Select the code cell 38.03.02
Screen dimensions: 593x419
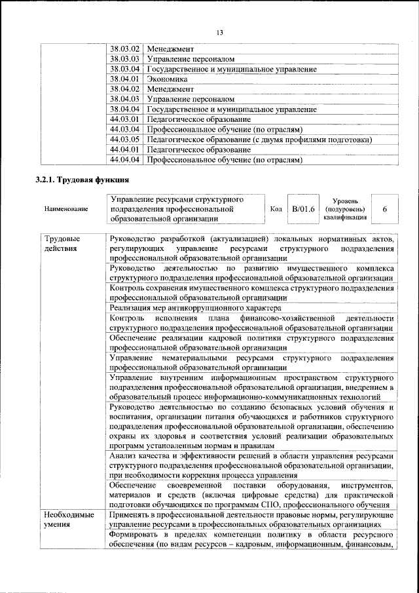point(125,49)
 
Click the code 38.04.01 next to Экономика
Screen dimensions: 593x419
point(125,79)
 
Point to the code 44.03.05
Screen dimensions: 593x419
point(125,140)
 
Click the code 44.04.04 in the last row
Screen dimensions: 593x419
point(125,159)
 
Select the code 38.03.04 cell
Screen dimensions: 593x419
point(125,69)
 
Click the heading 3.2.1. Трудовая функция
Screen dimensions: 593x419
point(82,180)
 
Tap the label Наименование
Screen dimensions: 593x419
point(66,209)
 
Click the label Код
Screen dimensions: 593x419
point(276,209)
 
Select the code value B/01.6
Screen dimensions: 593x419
point(304,209)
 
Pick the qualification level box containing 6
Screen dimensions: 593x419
point(384,209)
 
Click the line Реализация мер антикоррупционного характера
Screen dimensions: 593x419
point(196,307)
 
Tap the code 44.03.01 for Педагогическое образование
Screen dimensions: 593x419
point(125,119)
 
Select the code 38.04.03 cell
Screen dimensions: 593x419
point(125,99)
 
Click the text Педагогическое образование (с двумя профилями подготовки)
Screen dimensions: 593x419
point(259,140)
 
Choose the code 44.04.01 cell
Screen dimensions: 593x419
point(125,149)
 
